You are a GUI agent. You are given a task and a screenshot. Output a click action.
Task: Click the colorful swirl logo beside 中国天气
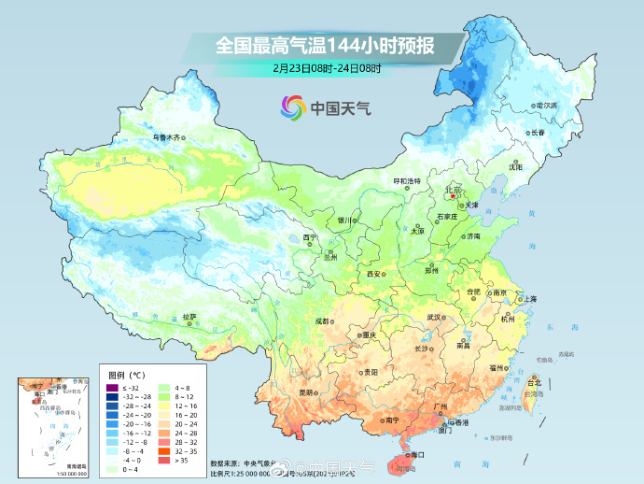coord(293,107)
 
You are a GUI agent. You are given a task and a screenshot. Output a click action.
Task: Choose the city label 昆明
coord(306,392)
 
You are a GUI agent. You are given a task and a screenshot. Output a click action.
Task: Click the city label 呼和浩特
coord(406,179)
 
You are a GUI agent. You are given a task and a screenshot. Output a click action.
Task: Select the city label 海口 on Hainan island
coord(417,454)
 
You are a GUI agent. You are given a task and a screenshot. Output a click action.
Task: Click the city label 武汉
coord(434,317)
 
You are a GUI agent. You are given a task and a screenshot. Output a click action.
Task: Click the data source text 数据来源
coord(225,463)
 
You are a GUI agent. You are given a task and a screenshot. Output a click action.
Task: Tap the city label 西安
coord(374,274)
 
